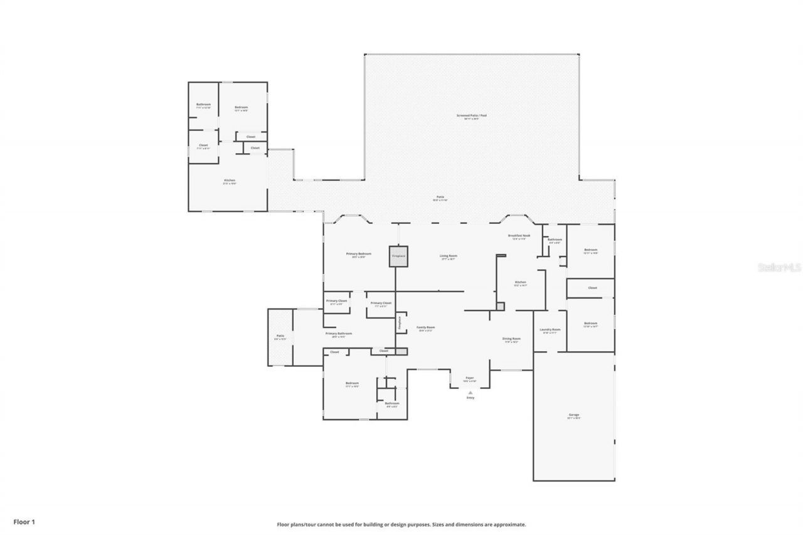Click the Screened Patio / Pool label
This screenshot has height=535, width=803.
(471, 116)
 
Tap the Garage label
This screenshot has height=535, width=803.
(574, 415)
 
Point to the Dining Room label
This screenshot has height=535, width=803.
(511, 339)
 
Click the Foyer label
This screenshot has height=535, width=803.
(469, 378)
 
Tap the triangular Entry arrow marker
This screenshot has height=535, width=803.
(471, 393)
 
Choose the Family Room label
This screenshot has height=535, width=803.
(426, 327)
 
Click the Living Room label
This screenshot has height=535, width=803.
(448, 256)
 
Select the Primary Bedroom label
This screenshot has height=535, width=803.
(359, 254)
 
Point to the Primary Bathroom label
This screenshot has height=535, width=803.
(338, 334)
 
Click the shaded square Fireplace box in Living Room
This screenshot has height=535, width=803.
(398, 256)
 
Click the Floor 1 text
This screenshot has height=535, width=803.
(24, 521)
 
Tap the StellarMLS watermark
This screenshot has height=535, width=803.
(779, 267)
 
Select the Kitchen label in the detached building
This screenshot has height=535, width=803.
(230, 181)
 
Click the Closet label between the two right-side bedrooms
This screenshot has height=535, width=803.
(592, 288)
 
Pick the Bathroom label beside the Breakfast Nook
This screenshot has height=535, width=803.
(555, 239)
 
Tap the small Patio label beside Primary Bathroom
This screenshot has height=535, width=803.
(280, 336)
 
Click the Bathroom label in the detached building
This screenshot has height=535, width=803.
(203, 105)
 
